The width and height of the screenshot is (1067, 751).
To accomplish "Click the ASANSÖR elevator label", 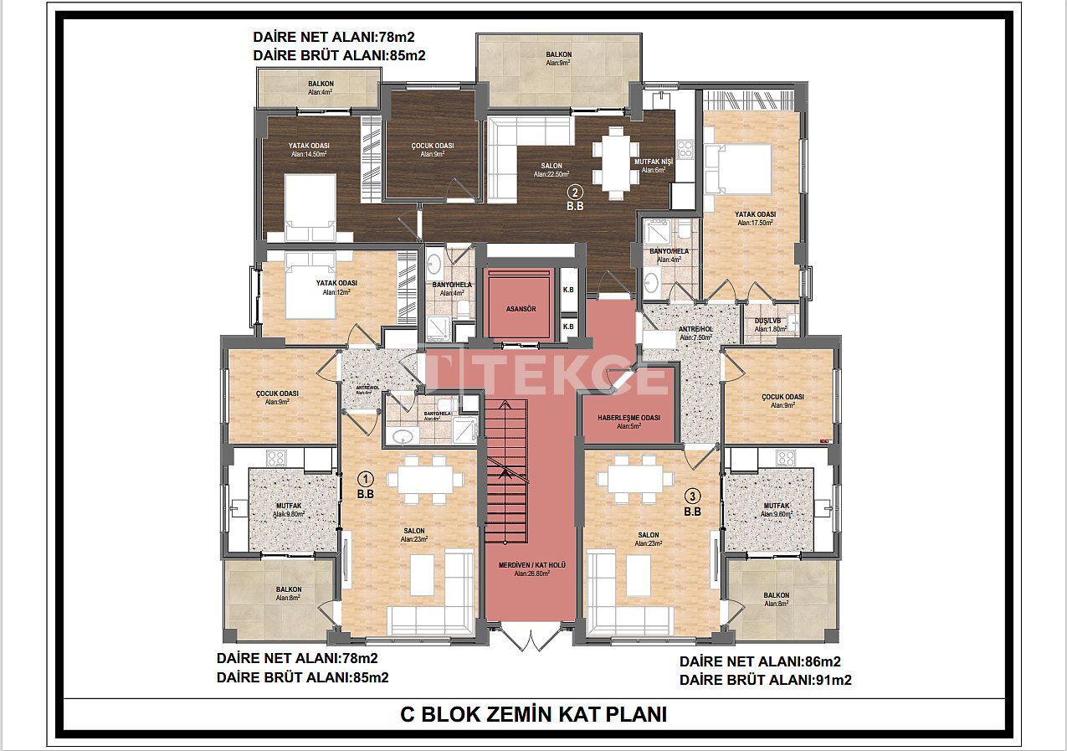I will click(x=521, y=309).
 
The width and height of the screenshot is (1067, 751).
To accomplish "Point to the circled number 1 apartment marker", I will click(x=365, y=479).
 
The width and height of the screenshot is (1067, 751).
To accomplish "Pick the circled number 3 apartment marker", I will click(x=691, y=496).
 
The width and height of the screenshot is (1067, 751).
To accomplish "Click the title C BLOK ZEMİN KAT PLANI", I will click(x=533, y=715).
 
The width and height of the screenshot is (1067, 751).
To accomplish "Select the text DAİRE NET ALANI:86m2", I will click(x=760, y=661).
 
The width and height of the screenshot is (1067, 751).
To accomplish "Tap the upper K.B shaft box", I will click(x=568, y=290).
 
